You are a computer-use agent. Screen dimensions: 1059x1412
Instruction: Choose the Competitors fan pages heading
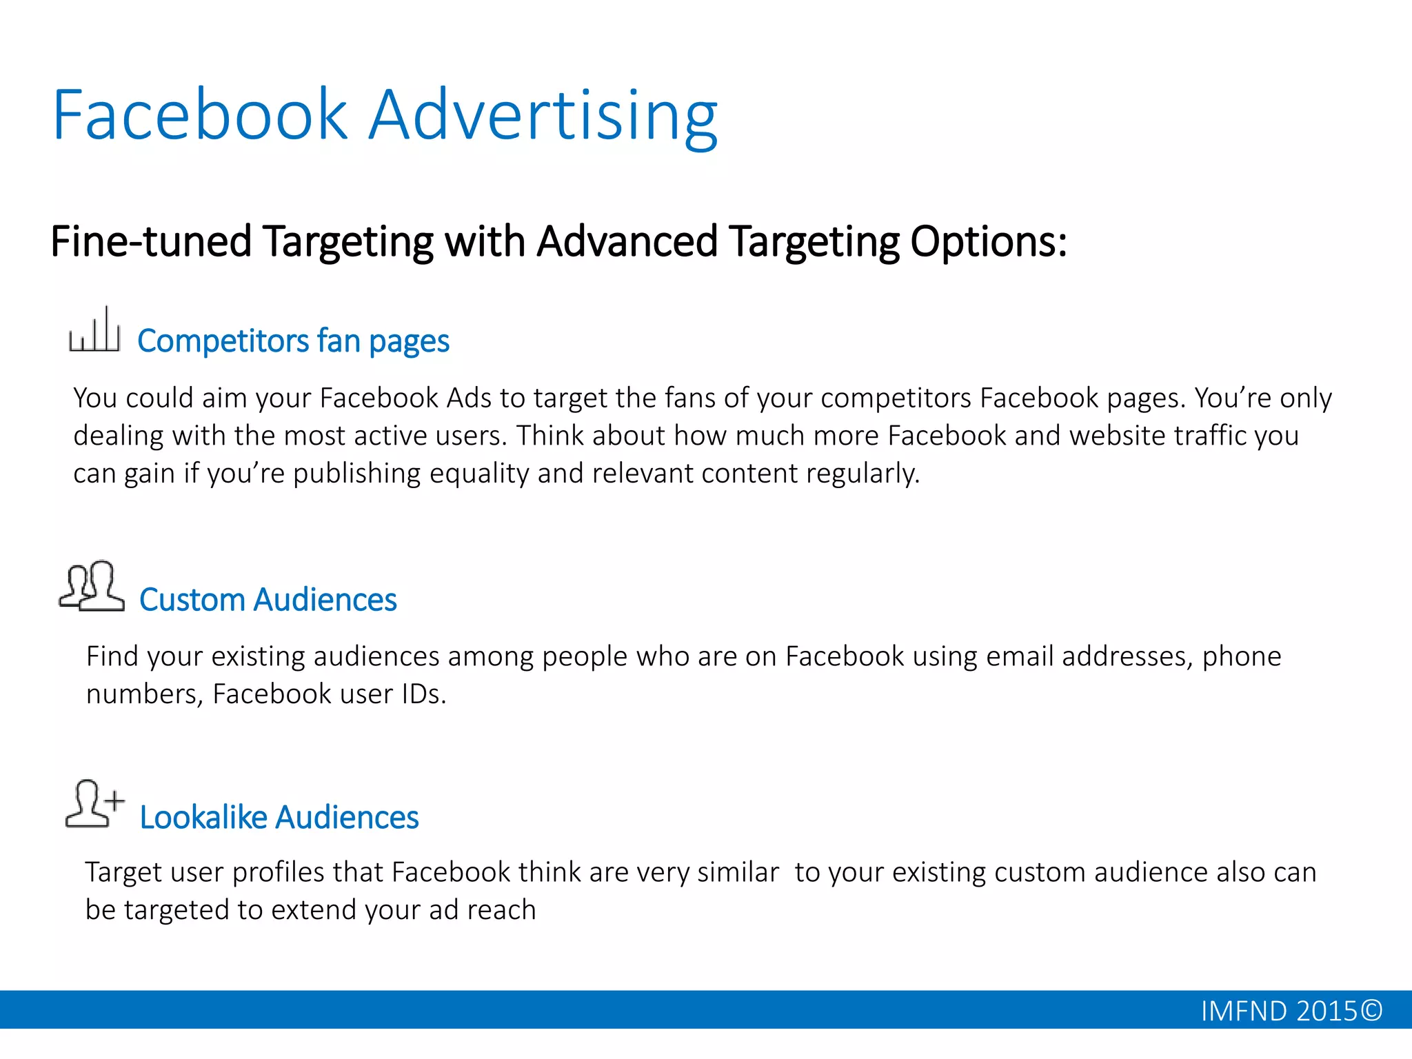(293, 341)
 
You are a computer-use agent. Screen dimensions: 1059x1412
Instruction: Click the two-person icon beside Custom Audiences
(92, 586)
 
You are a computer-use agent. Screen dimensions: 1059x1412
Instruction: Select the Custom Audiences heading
(268, 600)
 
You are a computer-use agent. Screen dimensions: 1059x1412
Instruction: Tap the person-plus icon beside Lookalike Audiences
(94, 803)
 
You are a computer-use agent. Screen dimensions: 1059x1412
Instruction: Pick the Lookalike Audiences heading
(279, 818)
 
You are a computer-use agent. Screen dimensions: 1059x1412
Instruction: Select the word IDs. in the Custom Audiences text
(423, 694)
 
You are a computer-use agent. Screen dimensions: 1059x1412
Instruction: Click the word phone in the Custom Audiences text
(1241, 656)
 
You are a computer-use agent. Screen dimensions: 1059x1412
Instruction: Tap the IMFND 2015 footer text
(1278, 1011)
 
